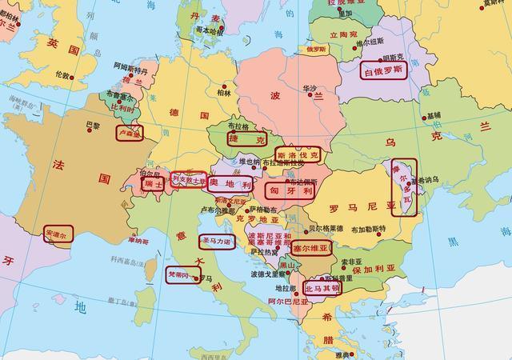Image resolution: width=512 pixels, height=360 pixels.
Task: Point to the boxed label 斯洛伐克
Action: click(297, 154)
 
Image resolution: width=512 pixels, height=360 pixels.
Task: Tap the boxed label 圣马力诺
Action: click(218, 240)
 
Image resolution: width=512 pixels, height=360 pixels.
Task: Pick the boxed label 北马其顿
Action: click(322, 287)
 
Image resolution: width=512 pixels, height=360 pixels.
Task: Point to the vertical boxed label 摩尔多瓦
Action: click(404, 186)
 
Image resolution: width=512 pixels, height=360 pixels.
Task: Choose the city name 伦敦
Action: click(63, 74)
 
